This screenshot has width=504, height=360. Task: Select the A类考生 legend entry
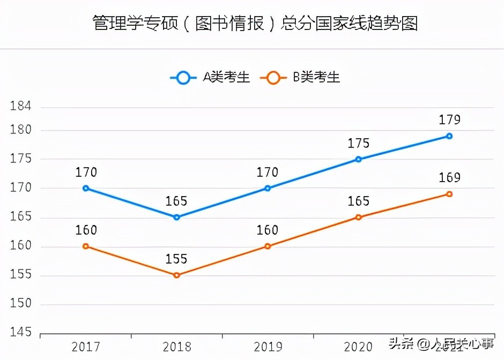210,78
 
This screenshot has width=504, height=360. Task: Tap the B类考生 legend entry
300,78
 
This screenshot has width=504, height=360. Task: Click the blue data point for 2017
86,188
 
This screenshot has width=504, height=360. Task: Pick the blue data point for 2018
176,217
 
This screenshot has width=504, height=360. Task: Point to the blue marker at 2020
359,159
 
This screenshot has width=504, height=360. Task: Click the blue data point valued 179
449,136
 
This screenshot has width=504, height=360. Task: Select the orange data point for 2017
86,246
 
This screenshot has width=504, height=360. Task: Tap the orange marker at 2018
176,275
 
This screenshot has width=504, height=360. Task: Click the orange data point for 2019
268,246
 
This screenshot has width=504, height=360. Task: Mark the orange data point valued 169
449,194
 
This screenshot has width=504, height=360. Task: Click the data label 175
359,144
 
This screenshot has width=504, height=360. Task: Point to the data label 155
176,259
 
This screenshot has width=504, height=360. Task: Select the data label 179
449,120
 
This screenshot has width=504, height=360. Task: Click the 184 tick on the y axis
21,107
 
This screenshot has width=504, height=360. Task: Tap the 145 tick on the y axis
21,333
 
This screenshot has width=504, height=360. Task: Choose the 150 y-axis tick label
21,304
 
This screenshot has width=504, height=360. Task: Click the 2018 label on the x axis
176,347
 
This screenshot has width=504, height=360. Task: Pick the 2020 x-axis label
359,347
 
